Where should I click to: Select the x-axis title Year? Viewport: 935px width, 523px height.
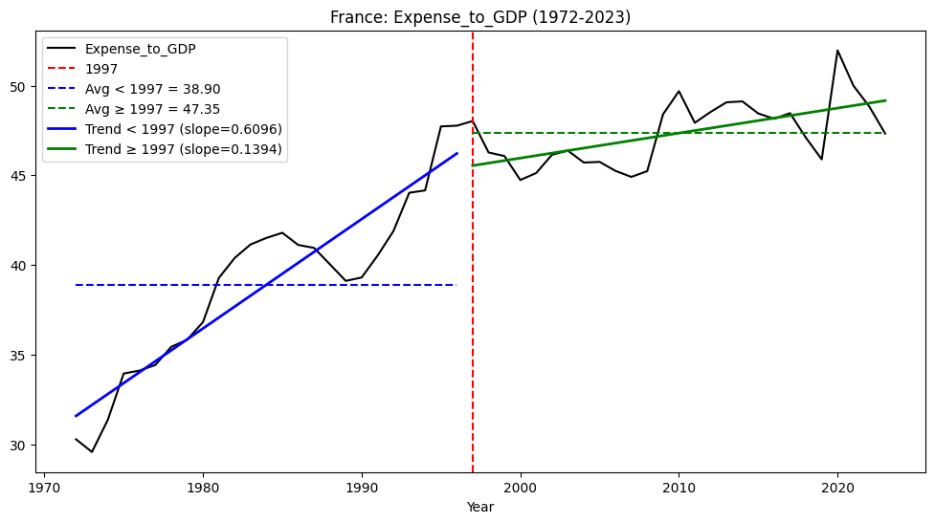pyautogui.click(x=480, y=507)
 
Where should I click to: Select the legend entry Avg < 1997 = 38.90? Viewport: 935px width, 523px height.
pyautogui.click(x=152, y=89)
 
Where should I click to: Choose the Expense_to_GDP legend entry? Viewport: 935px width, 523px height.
pyautogui.click(x=140, y=49)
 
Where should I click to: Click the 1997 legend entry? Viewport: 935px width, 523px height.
pyautogui.click(x=101, y=69)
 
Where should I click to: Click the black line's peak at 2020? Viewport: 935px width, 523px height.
pyautogui.click(x=837, y=51)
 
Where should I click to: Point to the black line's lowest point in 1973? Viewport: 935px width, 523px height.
pyautogui.click(x=92, y=452)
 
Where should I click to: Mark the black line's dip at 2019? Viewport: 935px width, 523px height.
pyautogui.click(x=821, y=159)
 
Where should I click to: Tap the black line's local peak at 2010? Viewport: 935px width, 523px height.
pyautogui.click(x=679, y=92)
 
